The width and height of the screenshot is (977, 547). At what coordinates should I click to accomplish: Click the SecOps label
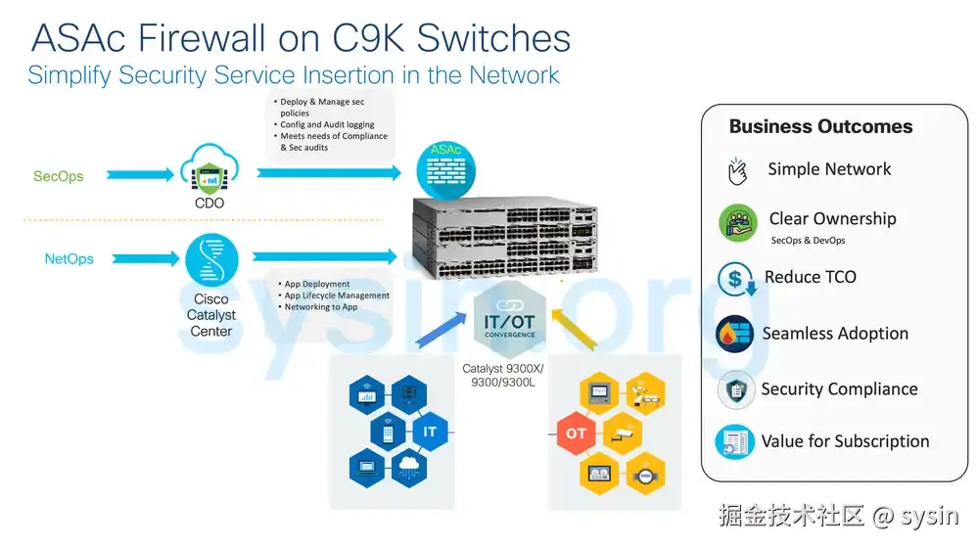(x=58, y=177)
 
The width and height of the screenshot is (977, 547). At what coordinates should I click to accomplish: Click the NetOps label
(x=70, y=259)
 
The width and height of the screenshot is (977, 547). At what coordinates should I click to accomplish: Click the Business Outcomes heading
(x=820, y=126)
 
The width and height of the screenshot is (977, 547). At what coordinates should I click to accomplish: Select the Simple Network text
(x=829, y=169)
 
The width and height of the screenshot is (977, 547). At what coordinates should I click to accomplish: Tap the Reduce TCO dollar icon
(x=736, y=280)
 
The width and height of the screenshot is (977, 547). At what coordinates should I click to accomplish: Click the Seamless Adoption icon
(x=734, y=335)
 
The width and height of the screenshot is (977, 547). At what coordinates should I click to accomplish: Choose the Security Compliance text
(x=839, y=388)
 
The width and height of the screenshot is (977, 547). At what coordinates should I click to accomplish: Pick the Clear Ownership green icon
(x=738, y=223)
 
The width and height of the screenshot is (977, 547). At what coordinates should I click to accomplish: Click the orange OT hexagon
(x=577, y=433)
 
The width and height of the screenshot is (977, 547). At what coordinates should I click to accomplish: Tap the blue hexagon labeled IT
(x=429, y=432)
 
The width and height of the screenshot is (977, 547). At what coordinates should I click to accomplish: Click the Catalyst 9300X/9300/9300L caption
(x=503, y=375)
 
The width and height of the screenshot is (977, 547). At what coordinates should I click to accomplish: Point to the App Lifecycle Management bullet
(x=336, y=296)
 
